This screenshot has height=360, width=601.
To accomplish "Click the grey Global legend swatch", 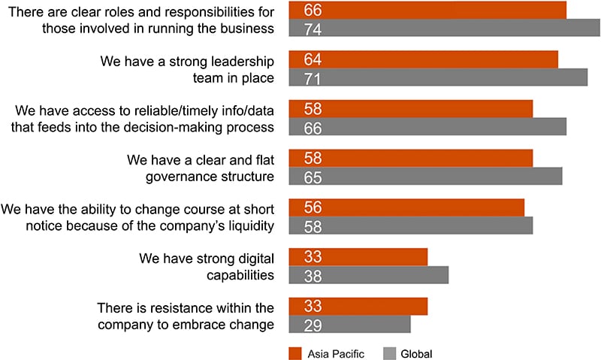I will click(389, 352).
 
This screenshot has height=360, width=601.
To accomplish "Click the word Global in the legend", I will click(416, 352).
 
